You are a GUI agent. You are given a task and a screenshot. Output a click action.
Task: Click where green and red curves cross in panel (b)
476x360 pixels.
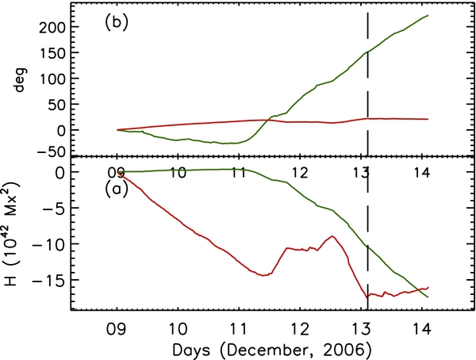[x=267, y=120]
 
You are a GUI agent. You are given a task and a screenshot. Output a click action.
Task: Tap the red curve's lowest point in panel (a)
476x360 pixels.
[x=368, y=298]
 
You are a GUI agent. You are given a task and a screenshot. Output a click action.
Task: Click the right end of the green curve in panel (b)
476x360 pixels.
[x=429, y=15]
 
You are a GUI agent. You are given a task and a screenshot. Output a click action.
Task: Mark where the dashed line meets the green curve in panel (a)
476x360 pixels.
[x=368, y=247]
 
